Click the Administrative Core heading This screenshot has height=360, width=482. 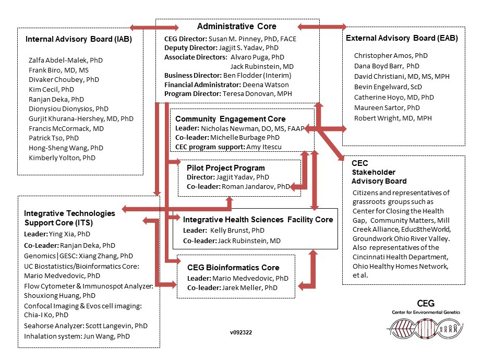coord(237,26)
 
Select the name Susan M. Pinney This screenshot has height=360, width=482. coord(234,39)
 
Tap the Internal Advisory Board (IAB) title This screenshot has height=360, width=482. coord(78,39)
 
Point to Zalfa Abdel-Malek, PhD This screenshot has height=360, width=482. coord(66,60)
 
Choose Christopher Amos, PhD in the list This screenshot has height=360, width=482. coord(391,55)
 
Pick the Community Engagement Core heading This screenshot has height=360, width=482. coord(231,119)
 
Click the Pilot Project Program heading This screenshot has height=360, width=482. coord(226,168)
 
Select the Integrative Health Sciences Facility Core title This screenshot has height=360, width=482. coord(258,220)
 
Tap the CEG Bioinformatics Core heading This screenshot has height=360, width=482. coord(230,268)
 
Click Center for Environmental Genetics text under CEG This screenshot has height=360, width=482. coord(426,312)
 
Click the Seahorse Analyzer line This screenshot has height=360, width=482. coord(86,326)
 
